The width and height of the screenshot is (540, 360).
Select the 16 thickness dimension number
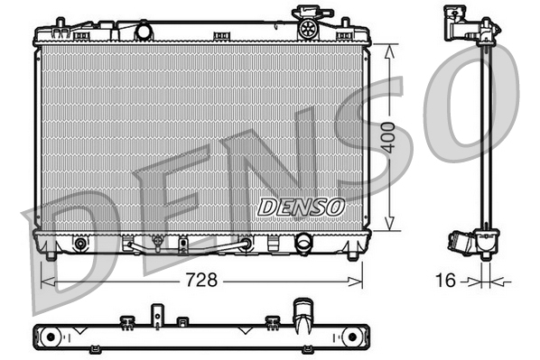tap(444, 281)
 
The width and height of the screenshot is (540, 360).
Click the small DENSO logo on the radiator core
tap(302, 206)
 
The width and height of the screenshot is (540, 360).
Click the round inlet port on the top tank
tap(144, 32)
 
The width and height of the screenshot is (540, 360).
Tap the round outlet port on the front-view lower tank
tap(304, 244)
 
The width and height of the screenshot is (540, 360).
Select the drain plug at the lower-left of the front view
tap(81, 244)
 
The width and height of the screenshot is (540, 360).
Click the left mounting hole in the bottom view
tap(50, 337)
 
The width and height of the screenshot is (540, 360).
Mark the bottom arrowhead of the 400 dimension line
tap(388, 226)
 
